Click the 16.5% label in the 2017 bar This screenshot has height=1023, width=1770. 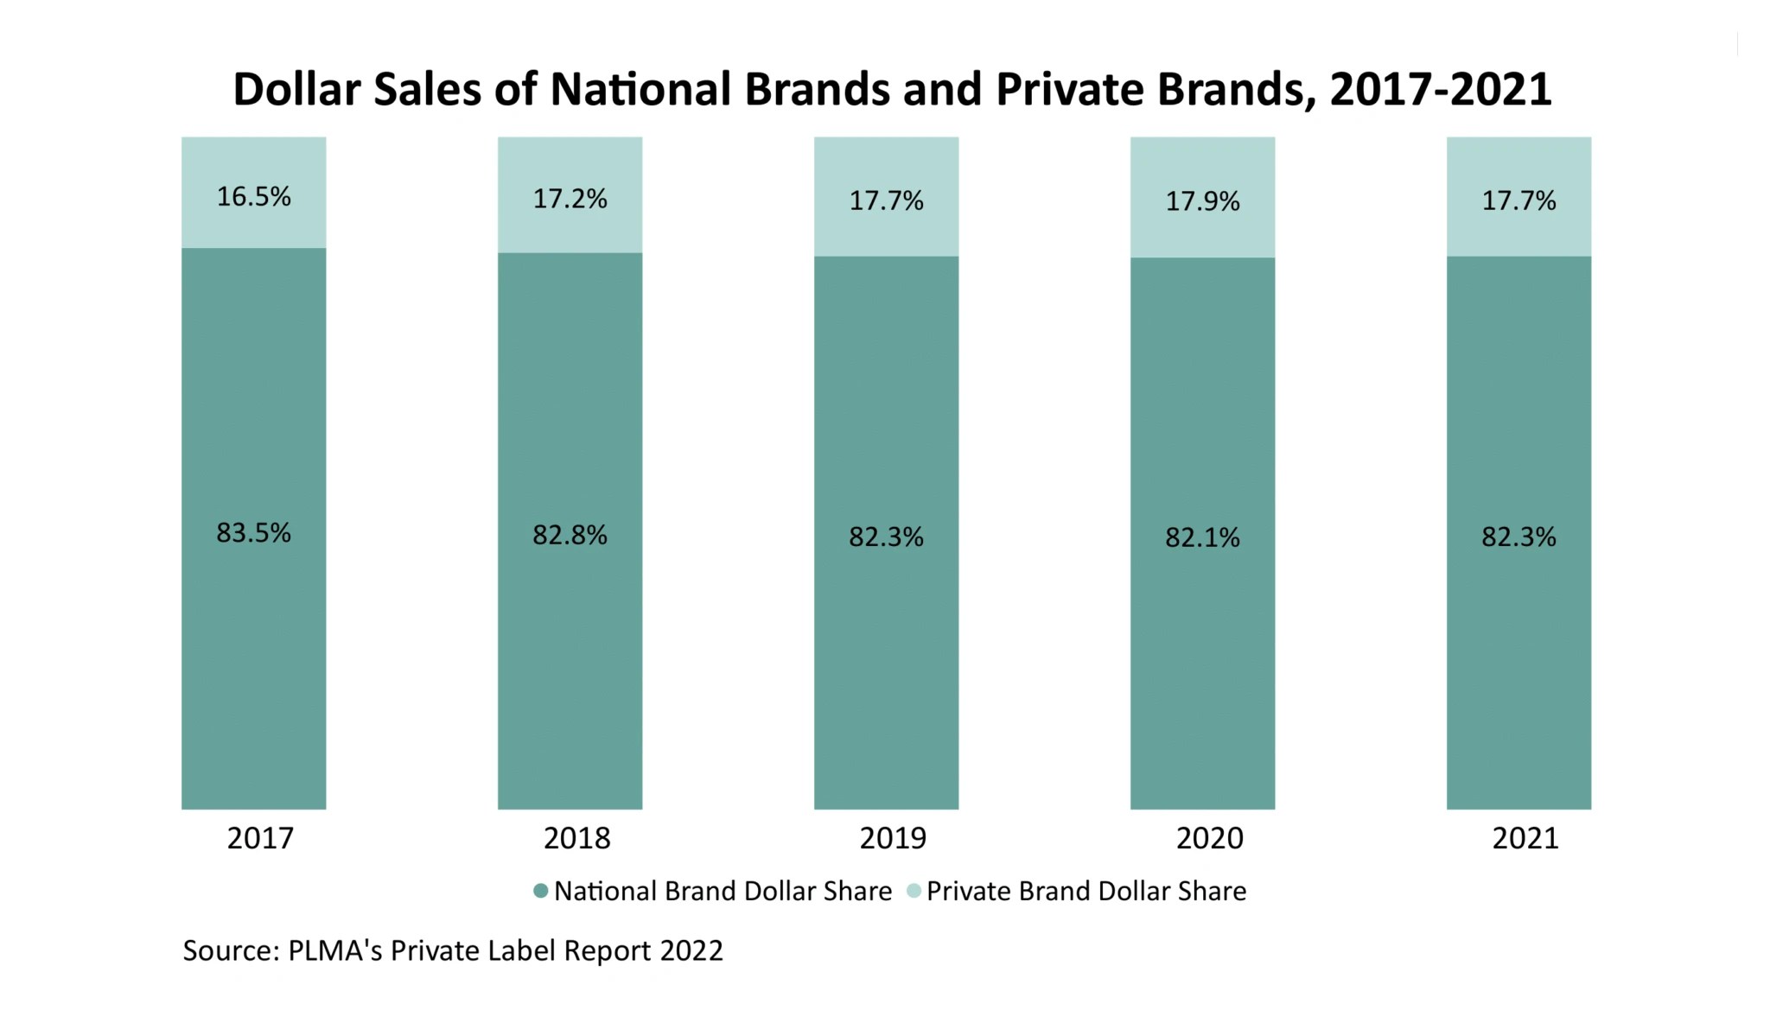[x=253, y=197]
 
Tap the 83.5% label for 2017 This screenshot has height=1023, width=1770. [x=253, y=533]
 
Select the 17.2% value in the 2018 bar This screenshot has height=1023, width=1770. [x=570, y=200]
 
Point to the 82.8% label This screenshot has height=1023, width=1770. [x=570, y=536]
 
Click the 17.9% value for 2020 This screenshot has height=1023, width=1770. [x=1202, y=202]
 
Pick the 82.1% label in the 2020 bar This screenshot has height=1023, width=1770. [x=1202, y=538]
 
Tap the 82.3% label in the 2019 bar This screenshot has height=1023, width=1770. [x=886, y=537]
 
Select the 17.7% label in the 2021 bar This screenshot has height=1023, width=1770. [x=1519, y=201]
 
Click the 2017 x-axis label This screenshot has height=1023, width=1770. [x=260, y=838]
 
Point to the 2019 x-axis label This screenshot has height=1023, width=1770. [x=893, y=838]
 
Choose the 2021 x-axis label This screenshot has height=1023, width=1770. [x=1525, y=838]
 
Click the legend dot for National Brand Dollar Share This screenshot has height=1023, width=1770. [x=541, y=891]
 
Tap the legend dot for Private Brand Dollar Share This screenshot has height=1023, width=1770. [x=914, y=891]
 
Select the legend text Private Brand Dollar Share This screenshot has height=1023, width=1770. [x=1086, y=891]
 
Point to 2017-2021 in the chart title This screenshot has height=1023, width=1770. [x=1441, y=90]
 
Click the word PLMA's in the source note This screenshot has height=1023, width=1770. [x=335, y=950]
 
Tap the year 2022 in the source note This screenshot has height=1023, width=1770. [x=691, y=950]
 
